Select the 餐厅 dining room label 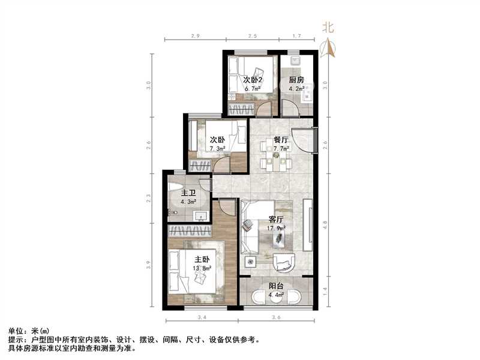[281, 140]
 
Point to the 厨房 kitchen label [296, 80]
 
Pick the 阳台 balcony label [276, 287]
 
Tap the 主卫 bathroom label [188, 193]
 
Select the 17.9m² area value [276, 228]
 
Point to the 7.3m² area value [217, 148]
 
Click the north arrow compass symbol [328, 48]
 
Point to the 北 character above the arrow [328, 27]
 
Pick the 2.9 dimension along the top [194, 37]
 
